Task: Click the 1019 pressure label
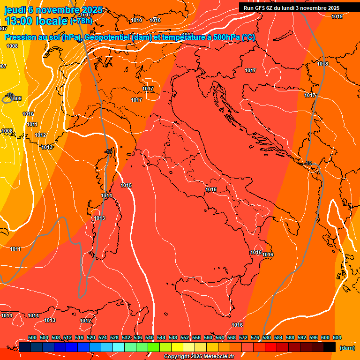pyautogui.click(x=337, y=17)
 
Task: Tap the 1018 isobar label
pyautogui.click(x=322, y=64)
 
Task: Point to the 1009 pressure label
pyautogui.click(x=16, y=98)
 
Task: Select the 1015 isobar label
pyautogui.click(x=126, y=185)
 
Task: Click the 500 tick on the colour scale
pyautogui.click(x=32, y=337)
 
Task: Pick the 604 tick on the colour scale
pyautogui.click(x=337, y=337)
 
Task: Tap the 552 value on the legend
pyautogui.click(x=185, y=337)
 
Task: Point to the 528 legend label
pyautogui.click(x=114, y=337)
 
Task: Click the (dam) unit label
pyautogui.click(x=347, y=348)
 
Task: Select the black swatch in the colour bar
pyautogui.click(x=330, y=347)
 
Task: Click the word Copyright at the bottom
pyautogui.click(x=177, y=357)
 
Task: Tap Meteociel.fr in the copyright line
pyautogui.click(x=218, y=357)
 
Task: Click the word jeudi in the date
pyautogui.click(x=15, y=10)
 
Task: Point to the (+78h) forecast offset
pyautogui.click(x=81, y=21)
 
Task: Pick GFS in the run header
pyautogui.click(x=262, y=8)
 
